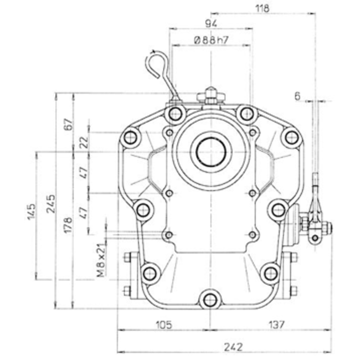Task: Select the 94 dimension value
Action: tap(211, 24)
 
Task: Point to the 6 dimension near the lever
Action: tap(297, 96)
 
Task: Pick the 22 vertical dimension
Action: tap(84, 141)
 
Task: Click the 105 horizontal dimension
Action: tap(163, 323)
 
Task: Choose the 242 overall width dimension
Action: tap(233, 347)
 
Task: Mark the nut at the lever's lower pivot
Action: tap(315, 238)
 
